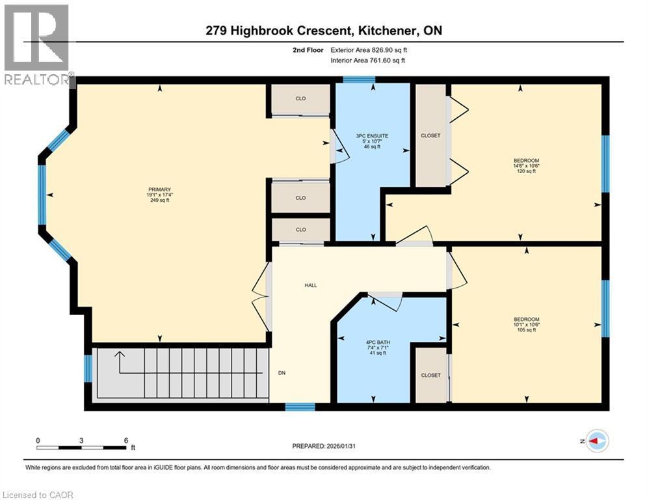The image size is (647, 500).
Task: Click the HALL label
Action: [311, 285]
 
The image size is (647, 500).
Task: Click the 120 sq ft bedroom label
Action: [526, 165]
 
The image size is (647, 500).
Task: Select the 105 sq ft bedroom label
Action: [526, 324]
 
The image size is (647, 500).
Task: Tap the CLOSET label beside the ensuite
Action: [430, 135]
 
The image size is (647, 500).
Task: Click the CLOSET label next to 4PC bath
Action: [430, 375]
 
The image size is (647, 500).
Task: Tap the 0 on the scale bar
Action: [38, 440]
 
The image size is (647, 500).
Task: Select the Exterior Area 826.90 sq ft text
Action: [369, 49]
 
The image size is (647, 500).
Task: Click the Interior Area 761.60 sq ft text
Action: [368, 61]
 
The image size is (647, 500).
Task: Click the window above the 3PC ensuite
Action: [359, 80]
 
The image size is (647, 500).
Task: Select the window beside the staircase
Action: [88, 368]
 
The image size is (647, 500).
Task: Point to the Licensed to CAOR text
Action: [39, 495]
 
